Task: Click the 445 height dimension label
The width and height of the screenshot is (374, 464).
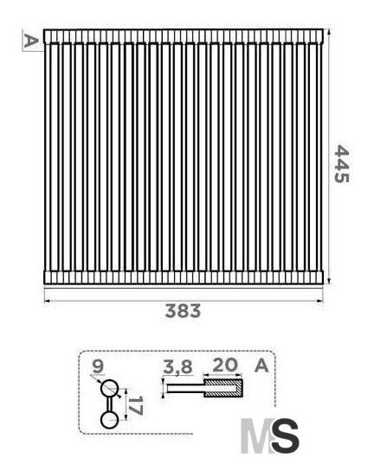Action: pyautogui.click(x=341, y=164)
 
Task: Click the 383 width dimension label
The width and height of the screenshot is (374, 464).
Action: pyautogui.click(x=183, y=311)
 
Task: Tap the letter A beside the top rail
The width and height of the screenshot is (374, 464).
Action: pyautogui.click(x=30, y=41)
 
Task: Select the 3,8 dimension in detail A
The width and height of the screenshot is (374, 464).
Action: pyautogui.click(x=177, y=366)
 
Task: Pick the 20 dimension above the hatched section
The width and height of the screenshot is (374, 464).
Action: pyautogui.click(x=225, y=365)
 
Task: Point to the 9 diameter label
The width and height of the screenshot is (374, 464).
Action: pyautogui.click(x=98, y=366)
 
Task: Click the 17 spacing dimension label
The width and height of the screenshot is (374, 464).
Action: pyautogui.click(x=135, y=405)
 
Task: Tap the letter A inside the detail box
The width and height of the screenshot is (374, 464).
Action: pyautogui.click(x=261, y=365)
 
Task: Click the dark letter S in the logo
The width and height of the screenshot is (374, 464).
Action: pyautogui.click(x=286, y=435)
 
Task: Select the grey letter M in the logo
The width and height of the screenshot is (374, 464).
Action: pyautogui.click(x=256, y=435)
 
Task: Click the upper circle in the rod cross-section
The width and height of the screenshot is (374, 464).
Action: pyautogui.click(x=109, y=389)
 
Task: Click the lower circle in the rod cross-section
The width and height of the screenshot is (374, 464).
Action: pyautogui.click(x=109, y=420)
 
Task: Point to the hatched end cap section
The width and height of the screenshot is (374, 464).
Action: pyautogui.click(x=223, y=388)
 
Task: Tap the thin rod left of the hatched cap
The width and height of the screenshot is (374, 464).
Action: pyautogui.click(x=185, y=388)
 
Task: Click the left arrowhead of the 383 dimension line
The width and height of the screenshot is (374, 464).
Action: pyautogui.click(x=47, y=302)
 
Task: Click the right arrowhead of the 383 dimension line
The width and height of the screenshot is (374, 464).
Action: pyautogui.click(x=320, y=302)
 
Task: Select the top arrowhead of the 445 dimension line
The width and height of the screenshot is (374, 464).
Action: pyautogui.click(x=329, y=33)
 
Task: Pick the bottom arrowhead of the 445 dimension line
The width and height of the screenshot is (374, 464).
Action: pyautogui.click(x=329, y=281)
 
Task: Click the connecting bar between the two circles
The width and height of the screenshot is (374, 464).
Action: pyautogui.click(x=109, y=404)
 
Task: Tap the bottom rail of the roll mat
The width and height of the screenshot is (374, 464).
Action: pyautogui.click(x=184, y=277)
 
